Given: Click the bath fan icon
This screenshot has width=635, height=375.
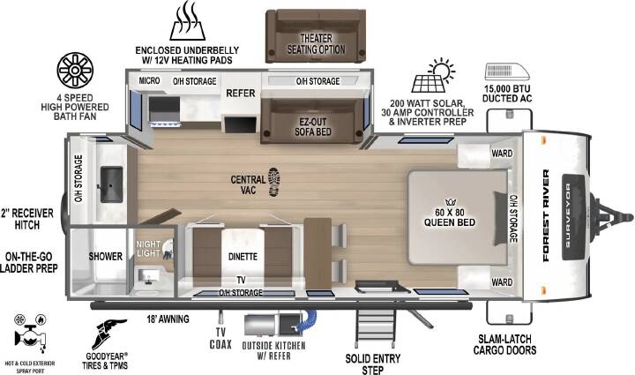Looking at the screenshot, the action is [75, 71].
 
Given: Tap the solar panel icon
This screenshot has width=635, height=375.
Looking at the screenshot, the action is [432, 76].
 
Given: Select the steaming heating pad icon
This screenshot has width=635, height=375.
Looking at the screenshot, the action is [187, 20].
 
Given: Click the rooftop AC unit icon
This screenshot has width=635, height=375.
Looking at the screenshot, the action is [507, 71].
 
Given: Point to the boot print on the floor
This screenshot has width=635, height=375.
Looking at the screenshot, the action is [274, 183].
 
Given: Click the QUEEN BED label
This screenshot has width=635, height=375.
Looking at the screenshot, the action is [450, 222].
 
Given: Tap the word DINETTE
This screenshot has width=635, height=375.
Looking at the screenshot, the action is [243, 257].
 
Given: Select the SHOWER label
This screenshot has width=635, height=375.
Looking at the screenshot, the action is [105, 257].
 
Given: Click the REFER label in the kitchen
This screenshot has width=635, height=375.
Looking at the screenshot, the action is [241, 94].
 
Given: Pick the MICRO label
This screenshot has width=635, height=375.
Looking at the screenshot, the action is [149, 80].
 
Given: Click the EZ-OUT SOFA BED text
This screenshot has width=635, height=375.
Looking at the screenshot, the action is [313, 127].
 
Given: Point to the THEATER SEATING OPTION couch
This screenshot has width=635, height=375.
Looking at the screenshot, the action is [316, 36].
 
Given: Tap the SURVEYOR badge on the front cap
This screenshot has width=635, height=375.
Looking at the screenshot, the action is [573, 217].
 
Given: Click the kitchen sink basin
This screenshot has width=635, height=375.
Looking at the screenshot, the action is [111, 184].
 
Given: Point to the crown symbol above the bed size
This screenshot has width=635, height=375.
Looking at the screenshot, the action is [451, 202].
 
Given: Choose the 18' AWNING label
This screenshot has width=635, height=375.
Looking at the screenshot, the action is [168, 319].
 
